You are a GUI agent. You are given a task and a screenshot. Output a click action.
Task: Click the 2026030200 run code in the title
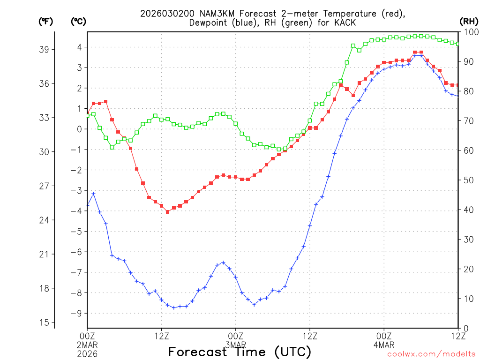pos(164,14)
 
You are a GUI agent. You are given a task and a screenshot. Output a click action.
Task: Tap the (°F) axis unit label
pos(45,21)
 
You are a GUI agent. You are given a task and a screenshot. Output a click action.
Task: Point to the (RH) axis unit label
pos(468,21)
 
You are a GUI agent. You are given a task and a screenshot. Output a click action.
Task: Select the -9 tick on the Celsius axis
pos(77,314)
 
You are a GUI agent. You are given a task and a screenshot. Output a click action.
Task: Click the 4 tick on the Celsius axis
pos(80,47)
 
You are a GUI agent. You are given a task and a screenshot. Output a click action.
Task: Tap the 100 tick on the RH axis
pos(470,32)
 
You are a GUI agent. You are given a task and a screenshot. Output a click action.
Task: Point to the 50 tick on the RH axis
pos(468,180)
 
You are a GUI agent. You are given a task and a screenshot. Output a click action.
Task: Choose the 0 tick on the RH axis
pos(465,328)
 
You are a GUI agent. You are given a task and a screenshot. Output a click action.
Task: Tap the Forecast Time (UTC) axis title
pos(240,352)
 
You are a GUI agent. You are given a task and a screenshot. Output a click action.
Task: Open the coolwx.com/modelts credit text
pos(432,354)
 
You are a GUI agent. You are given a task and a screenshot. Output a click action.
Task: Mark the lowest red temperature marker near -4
pos(167,212)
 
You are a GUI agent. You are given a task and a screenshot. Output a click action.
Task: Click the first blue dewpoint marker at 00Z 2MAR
pos(88,205)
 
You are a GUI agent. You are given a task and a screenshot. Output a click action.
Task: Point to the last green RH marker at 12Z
pos(458,44)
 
